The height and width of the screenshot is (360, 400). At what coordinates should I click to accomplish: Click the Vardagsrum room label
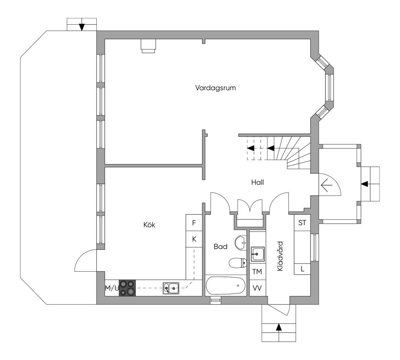coord(216,88)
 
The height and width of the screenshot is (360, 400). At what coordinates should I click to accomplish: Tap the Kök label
coord(149,225)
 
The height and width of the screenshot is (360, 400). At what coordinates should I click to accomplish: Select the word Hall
coord(257,182)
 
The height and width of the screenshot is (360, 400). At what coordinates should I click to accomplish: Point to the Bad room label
coord(220,246)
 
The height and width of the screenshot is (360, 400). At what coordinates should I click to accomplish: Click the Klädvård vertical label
coord(280,256)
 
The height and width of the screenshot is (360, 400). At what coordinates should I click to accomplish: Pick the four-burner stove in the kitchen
coord(127,288)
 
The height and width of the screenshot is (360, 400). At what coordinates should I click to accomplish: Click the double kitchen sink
coord(171,289)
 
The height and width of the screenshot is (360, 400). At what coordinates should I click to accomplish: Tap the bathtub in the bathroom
coord(225,286)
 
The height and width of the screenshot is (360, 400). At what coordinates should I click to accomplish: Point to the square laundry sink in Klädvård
coord(258,254)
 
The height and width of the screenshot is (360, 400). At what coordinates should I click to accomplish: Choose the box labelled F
coord(194,223)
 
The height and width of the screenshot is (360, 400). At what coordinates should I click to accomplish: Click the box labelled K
coord(194,239)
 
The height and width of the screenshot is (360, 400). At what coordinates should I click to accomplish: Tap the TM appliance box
coord(257,271)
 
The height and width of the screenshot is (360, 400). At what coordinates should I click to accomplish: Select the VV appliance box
coord(257,288)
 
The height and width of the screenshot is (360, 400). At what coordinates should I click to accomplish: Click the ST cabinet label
coord(302,223)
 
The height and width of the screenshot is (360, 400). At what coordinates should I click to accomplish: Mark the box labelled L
coord(302,269)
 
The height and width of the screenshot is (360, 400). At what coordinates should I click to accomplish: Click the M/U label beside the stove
coord(112,289)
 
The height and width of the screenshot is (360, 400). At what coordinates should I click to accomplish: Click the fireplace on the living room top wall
coord(148,46)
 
